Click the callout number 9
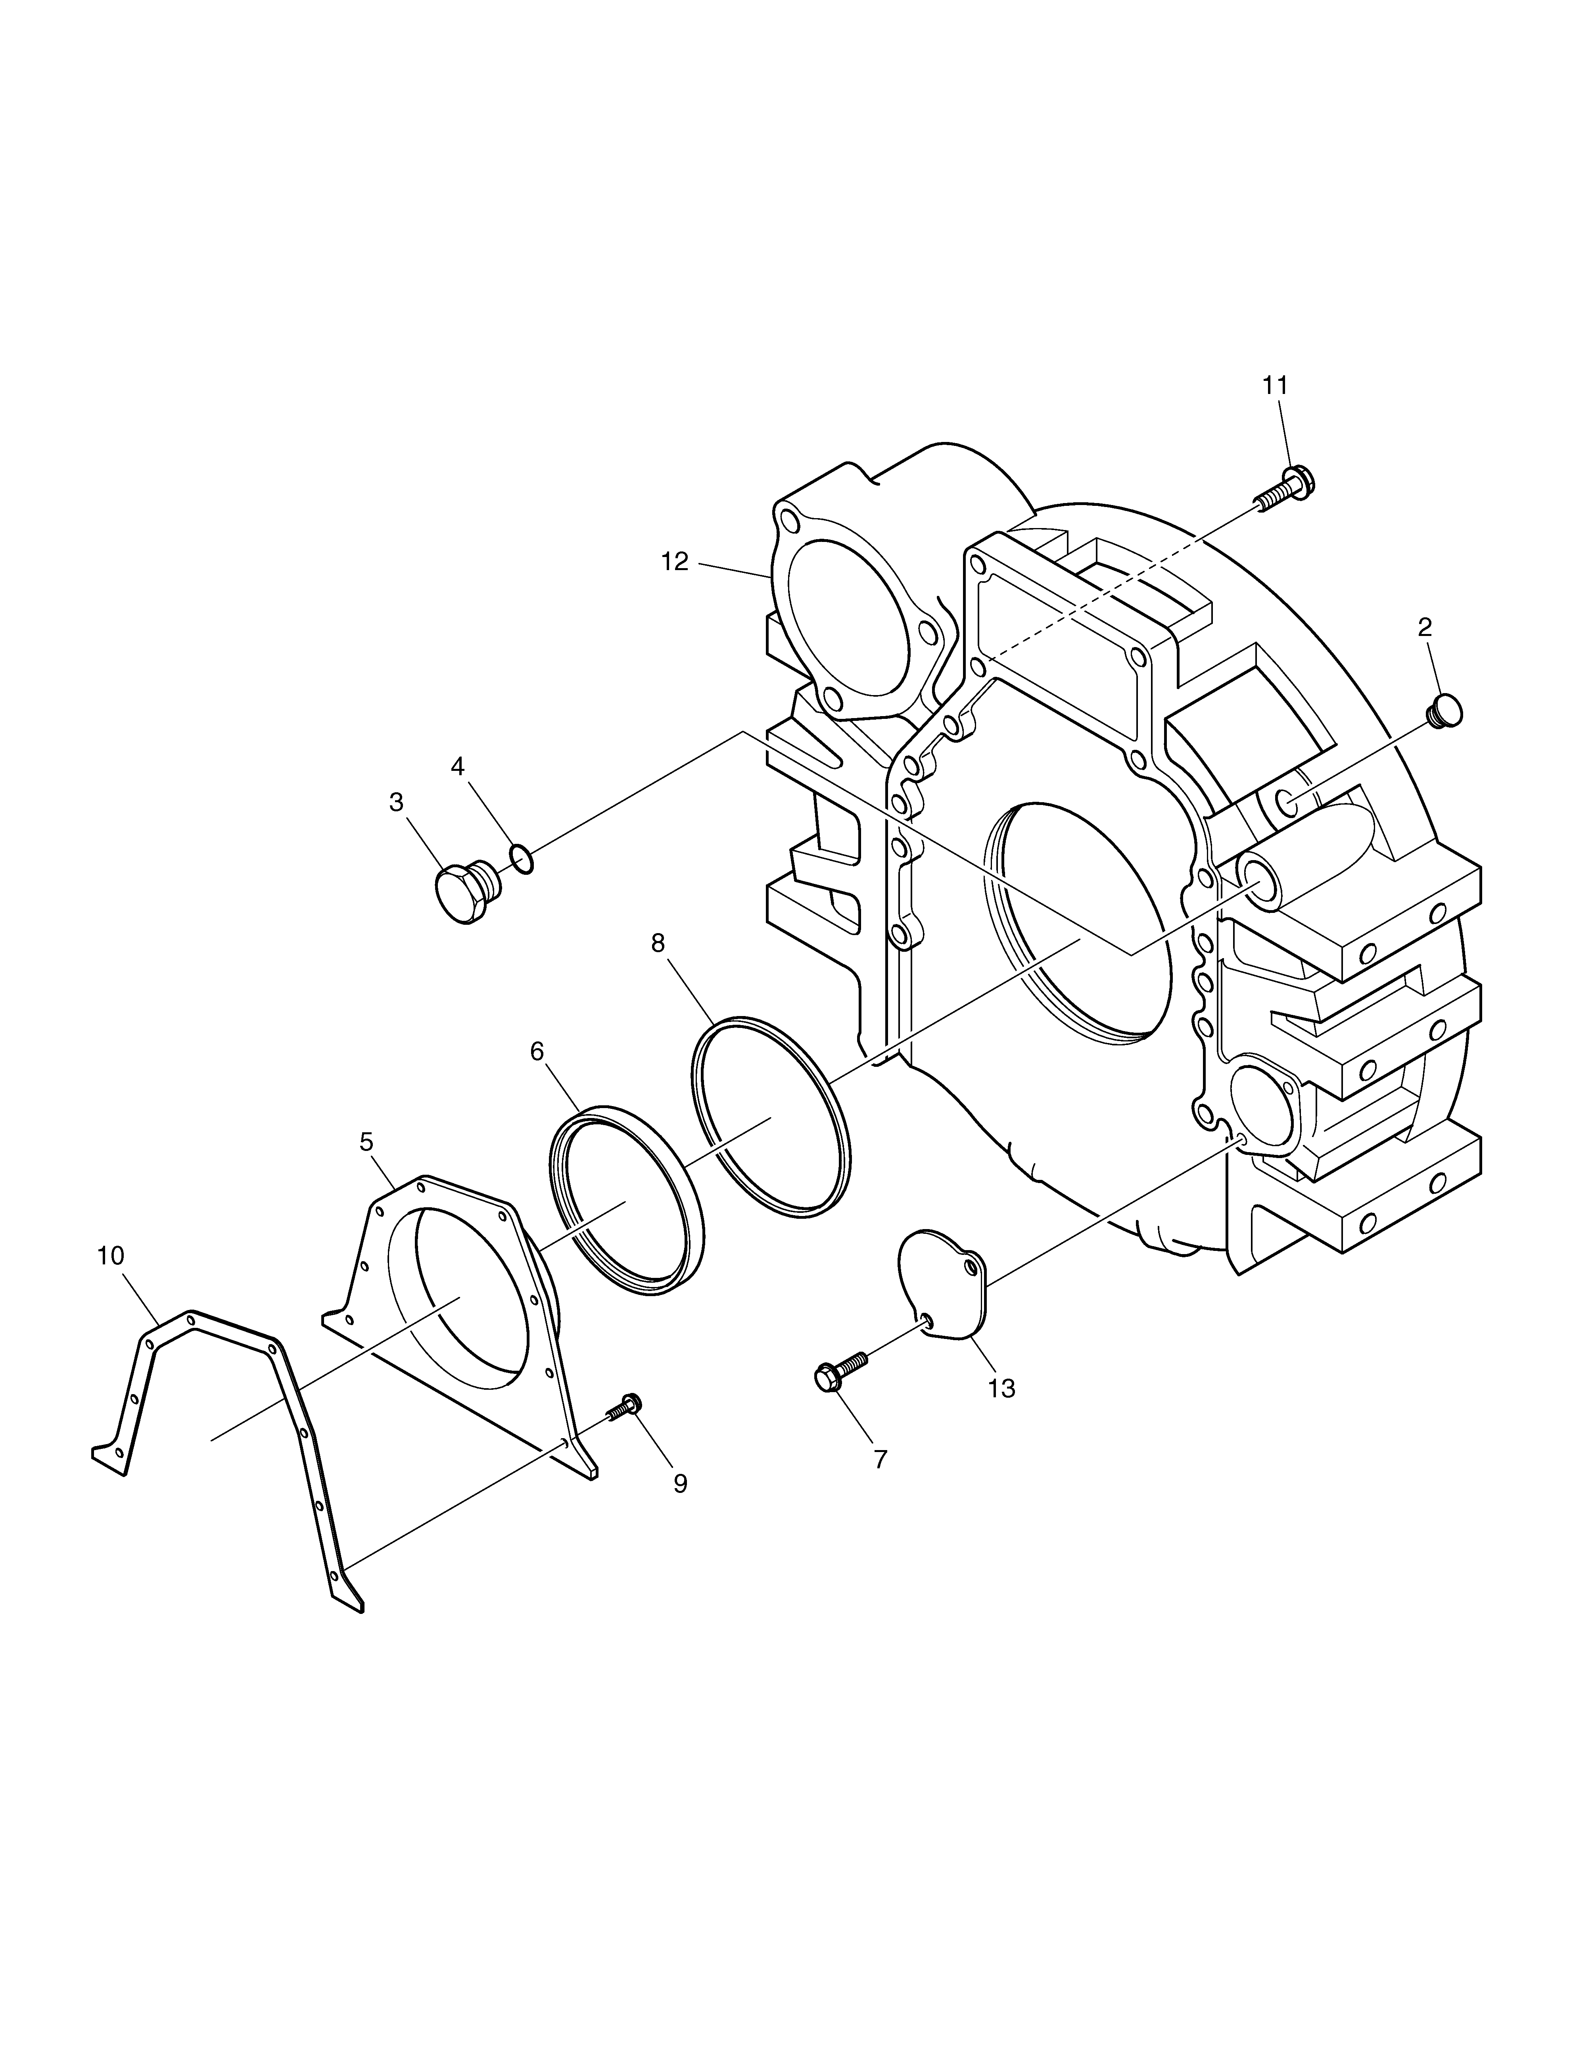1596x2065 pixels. [x=680, y=1483]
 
